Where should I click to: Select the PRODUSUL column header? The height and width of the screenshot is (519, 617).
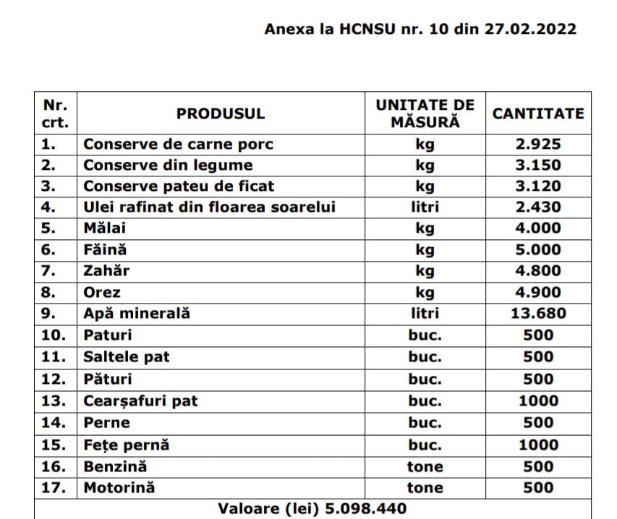click(221, 113)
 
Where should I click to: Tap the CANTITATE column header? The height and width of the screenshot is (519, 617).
click(538, 113)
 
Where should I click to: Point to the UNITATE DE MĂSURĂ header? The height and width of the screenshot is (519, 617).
click(425, 113)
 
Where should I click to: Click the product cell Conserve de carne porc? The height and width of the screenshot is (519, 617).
click(179, 144)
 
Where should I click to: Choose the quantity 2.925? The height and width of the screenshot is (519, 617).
click(538, 144)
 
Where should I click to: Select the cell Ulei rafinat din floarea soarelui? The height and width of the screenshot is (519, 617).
click(210, 207)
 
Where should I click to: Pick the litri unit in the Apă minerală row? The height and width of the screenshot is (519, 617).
click(425, 314)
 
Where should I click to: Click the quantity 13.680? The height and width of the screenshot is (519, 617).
click(538, 314)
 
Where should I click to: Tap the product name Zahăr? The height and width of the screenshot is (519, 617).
click(107, 271)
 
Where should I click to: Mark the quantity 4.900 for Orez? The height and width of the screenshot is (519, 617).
click(538, 293)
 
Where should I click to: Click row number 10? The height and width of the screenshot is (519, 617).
click(54, 335)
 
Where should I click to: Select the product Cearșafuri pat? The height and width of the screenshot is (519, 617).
click(140, 400)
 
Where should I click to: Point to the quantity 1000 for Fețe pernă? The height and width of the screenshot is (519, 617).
click(538, 445)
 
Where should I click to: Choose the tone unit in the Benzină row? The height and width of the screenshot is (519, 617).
click(425, 466)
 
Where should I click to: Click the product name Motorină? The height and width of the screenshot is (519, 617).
click(119, 488)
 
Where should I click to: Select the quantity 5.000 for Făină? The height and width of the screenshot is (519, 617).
click(538, 250)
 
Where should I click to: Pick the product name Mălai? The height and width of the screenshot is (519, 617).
click(105, 228)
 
